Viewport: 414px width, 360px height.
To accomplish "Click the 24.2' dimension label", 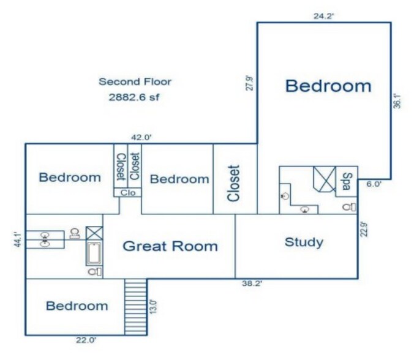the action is (x=324, y=16).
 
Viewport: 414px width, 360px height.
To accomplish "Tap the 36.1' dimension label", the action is (x=397, y=101).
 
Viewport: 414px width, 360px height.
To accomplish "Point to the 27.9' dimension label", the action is (x=250, y=83).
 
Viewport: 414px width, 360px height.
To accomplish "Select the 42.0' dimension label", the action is (x=141, y=138).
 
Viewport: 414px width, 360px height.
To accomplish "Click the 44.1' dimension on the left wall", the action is (x=17, y=239).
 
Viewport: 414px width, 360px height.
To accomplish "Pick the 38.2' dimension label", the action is (x=252, y=283).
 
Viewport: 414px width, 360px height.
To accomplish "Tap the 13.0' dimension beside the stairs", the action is (x=153, y=307).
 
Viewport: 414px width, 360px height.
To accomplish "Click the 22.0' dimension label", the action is (x=86, y=340).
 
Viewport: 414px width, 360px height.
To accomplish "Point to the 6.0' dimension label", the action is (x=374, y=184).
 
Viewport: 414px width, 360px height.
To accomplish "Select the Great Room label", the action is (x=170, y=246).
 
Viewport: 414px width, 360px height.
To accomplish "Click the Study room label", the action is (x=304, y=242).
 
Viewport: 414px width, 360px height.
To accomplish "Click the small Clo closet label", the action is (x=128, y=193).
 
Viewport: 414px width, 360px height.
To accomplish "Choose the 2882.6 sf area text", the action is (x=134, y=97).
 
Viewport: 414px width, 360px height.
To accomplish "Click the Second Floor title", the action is (x=135, y=81).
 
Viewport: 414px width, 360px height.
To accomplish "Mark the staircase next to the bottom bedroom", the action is (x=136, y=307).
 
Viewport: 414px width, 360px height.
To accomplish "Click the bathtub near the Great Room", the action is (x=94, y=253).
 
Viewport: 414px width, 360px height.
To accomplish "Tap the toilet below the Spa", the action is (x=350, y=207).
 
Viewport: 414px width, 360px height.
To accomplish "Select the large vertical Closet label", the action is (x=234, y=184).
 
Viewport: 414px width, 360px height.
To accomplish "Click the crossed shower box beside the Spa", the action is (x=325, y=179).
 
